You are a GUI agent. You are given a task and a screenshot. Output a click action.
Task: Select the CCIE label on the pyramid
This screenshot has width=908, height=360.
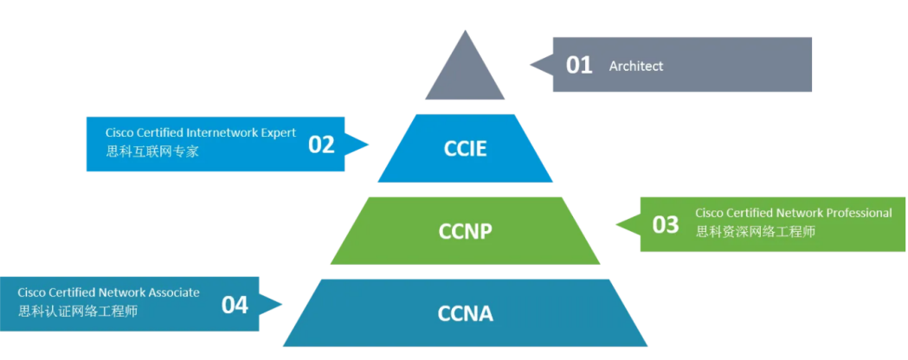coord(465,148)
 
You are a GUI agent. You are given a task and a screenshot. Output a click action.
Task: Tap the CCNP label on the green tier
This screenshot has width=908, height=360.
coord(465,231)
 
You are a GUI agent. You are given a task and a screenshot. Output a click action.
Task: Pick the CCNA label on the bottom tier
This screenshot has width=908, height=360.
coord(465,312)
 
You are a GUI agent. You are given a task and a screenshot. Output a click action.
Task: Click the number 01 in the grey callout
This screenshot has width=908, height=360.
coord(579,65)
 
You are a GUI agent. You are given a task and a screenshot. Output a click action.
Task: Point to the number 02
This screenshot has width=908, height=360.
coord(321,145)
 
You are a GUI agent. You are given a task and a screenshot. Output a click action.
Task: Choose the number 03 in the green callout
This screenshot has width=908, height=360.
coord(666,225)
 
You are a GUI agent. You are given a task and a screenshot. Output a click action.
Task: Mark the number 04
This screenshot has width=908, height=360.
coord(235,305)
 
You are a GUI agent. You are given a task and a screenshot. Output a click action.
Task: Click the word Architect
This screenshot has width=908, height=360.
coord(636,66)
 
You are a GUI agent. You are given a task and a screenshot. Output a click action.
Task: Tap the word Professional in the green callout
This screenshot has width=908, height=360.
coord(860,213)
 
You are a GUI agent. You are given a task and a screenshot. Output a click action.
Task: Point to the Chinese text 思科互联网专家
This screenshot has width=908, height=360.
coord(146,151)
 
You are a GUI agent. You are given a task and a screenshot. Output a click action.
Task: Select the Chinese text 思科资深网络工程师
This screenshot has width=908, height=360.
coord(755,231)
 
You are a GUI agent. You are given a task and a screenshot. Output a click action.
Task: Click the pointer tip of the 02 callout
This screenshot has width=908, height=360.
coord(369,145)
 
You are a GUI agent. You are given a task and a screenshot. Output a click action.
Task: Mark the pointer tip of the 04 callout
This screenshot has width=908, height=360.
coord(282,304)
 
